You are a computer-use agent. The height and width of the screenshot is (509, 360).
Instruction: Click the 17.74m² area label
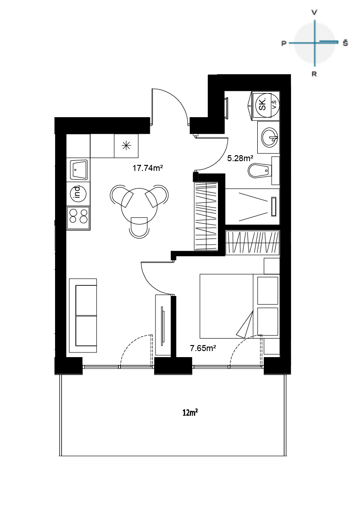point(148,168)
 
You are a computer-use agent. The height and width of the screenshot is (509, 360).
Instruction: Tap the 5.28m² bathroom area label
point(240,158)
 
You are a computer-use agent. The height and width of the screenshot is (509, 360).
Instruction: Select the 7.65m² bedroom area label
point(203,348)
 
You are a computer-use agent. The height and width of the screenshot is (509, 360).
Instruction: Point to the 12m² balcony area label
point(190,413)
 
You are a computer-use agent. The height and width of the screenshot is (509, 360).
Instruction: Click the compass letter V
point(314,13)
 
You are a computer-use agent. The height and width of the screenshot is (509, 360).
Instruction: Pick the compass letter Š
point(345,43)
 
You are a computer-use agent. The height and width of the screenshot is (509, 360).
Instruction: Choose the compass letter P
point(284,44)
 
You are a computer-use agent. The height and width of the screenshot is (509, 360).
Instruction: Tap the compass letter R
point(314,74)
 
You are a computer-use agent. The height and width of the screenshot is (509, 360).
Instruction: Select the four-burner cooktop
point(78,216)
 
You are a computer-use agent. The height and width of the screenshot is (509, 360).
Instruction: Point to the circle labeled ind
point(78,192)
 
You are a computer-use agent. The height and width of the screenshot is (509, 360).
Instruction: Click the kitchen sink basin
point(78,170)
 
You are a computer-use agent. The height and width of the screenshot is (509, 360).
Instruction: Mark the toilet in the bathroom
point(259,170)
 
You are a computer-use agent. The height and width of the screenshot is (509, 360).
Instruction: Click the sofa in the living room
point(83,315)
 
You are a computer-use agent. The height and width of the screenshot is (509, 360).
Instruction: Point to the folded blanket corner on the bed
point(245,325)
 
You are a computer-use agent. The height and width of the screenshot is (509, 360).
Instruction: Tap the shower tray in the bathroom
point(252,206)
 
